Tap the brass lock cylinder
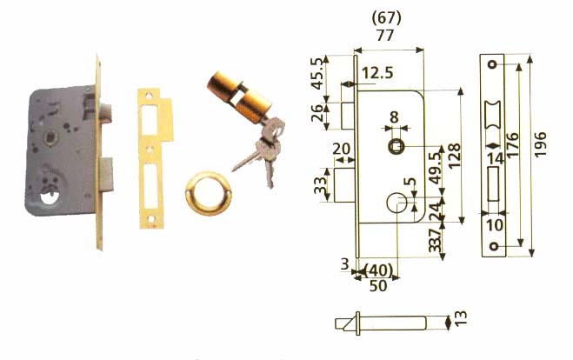point(239,96)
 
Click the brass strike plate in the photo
point(154,158)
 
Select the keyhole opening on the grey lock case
point(50,197)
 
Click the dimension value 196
point(540,145)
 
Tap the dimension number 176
point(512,145)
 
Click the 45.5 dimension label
point(317,73)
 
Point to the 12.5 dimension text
point(378,73)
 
